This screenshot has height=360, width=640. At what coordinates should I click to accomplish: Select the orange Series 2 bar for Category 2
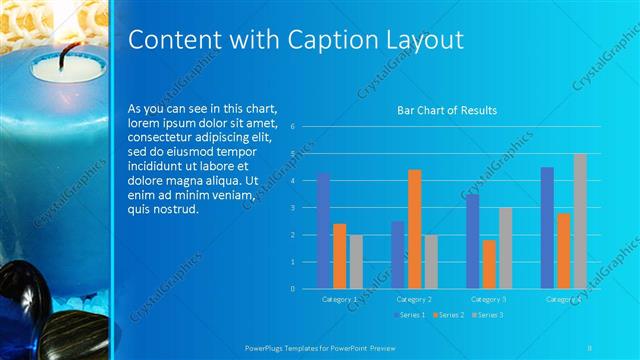click(414, 229)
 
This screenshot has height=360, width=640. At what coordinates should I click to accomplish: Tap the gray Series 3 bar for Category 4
click(580, 221)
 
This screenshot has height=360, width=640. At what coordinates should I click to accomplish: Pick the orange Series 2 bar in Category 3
click(488, 264)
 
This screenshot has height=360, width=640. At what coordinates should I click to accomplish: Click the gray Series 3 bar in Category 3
click(505, 248)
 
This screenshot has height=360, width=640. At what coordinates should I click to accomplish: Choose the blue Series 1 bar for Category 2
click(398, 254)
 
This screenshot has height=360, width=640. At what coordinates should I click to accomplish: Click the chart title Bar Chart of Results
click(447, 111)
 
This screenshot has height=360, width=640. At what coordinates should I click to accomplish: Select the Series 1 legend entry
click(409, 315)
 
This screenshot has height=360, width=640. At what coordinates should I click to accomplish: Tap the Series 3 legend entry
click(487, 315)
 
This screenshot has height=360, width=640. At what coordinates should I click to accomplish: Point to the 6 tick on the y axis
click(291, 127)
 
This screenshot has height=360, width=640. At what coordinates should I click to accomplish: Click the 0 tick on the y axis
click(291, 289)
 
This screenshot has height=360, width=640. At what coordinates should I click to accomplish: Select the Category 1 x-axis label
click(339, 299)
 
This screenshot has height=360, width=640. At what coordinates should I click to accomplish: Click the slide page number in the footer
click(591, 346)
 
